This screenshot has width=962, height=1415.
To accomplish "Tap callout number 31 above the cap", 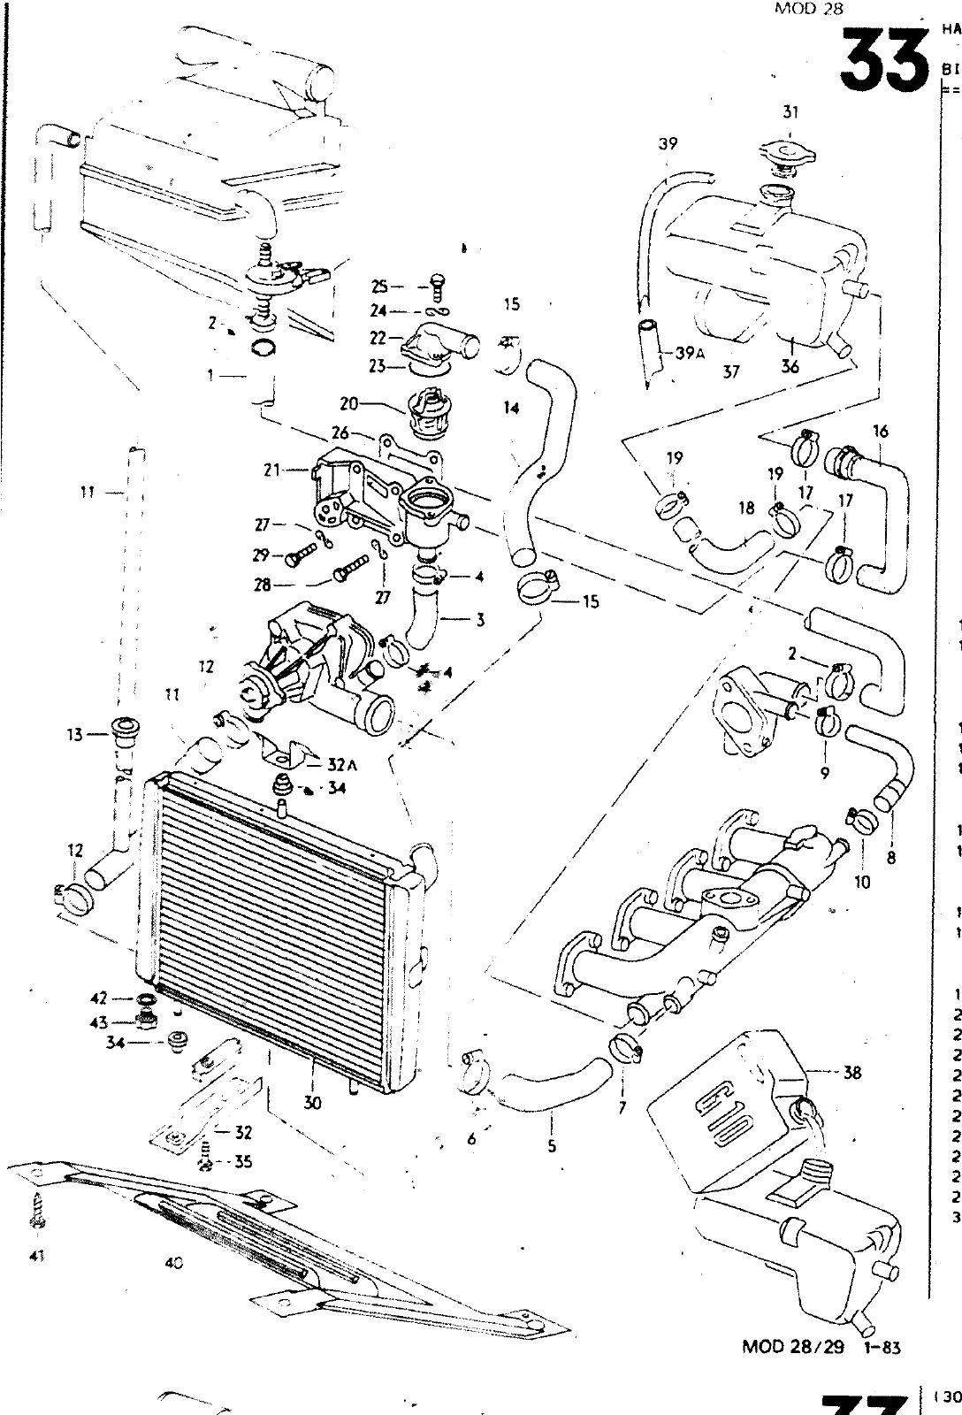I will (790, 112).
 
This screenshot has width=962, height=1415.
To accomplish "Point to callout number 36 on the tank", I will (790, 367).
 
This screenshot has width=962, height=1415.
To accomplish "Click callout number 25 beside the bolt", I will (380, 287).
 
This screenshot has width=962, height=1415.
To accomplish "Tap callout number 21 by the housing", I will (271, 470).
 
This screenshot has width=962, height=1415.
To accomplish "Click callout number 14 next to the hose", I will (512, 409).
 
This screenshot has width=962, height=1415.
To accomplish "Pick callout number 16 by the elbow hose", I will (880, 432).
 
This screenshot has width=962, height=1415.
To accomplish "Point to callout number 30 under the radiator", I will (311, 1103).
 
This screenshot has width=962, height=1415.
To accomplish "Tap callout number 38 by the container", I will (852, 1072).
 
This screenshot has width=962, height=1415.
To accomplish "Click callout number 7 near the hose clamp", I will (622, 1106).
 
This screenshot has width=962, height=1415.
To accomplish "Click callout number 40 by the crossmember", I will (173, 1264).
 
